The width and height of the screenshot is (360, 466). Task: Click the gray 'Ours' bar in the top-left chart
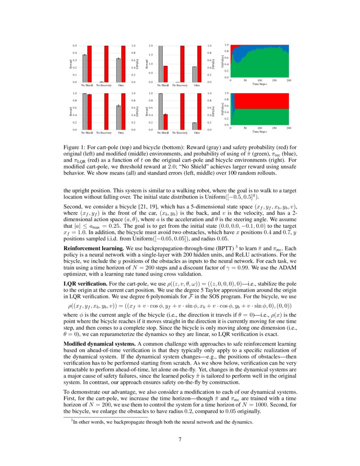[x=119, y=70]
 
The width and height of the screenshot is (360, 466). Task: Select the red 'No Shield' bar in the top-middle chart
[x=166, y=74]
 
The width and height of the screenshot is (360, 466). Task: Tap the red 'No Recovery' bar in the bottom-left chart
[x=106, y=111]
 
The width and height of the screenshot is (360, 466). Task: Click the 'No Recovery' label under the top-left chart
[x=104, y=85]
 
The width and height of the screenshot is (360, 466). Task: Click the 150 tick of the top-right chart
[x=274, y=80]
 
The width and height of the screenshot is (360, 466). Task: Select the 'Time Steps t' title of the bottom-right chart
[x=260, y=132]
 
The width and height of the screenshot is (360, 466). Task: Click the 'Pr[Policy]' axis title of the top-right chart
[x=223, y=61]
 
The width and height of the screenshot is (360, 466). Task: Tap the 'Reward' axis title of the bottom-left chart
[x=71, y=111]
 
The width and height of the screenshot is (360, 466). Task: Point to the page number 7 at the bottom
[x=180, y=439]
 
